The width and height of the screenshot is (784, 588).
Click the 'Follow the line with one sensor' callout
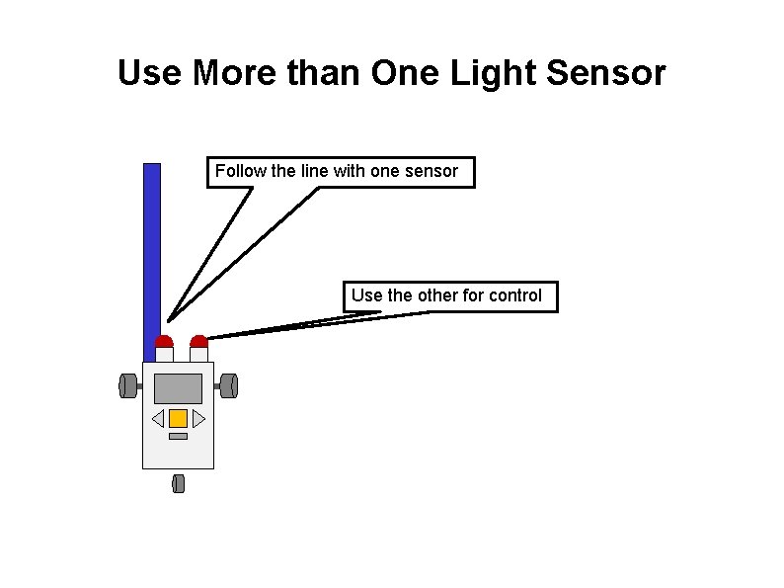pos(339,171)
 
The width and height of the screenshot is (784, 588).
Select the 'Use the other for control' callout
pos(449,295)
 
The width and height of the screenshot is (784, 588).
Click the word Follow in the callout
pos(240,171)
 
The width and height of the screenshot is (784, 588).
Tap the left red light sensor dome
pos(164,342)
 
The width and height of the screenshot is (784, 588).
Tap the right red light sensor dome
pos(199,342)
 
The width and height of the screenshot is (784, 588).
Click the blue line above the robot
pos(152,247)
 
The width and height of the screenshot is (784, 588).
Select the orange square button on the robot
pos(178,418)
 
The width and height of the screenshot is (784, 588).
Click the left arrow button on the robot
pos(158,418)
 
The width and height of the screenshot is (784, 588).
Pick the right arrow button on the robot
pos(198,418)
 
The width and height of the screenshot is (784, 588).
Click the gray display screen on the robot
pos(178,388)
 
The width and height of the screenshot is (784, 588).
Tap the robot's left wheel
pos(127,385)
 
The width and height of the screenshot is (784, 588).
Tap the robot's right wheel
pos(229,385)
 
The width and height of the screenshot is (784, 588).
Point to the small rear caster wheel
pos(178,483)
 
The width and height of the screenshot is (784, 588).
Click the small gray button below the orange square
pos(178,436)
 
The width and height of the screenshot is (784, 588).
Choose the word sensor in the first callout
pos(431,171)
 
